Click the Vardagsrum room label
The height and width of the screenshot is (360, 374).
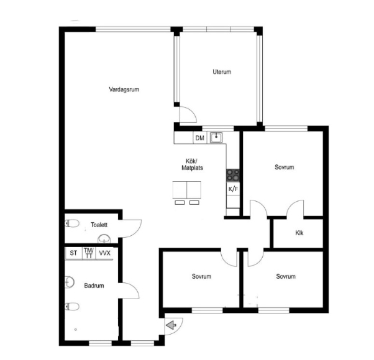pyautogui.click(x=124, y=89)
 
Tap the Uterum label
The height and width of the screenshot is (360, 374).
pyautogui.click(x=222, y=72)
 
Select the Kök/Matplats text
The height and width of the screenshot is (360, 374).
pyautogui.click(x=192, y=164)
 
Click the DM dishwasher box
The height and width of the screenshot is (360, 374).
pyautogui.click(x=200, y=138)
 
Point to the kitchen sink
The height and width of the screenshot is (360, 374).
pyautogui.click(x=216, y=137)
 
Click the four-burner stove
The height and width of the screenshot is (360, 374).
pyautogui.click(x=233, y=175)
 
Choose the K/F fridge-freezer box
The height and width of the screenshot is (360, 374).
pyautogui.click(x=233, y=189)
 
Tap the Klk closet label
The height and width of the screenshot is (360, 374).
pyautogui.click(x=299, y=233)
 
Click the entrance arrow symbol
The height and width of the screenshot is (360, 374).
pyautogui.click(x=171, y=325)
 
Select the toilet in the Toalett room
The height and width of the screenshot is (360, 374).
pyautogui.click(x=72, y=223)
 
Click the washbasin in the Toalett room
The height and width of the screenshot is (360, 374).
pyautogui.click(x=104, y=239)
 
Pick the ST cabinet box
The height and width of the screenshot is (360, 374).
pyautogui.click(x=73, y=253)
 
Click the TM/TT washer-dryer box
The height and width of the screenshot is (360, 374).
pyautogui.click(x=89, y=253)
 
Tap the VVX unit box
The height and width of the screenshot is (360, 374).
pyautogui.click(x=104, y=253)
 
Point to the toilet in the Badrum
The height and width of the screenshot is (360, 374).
pyautogui.click(x=72, y=307)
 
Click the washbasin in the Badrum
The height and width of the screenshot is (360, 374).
pyautogui.click(x=70, y=282)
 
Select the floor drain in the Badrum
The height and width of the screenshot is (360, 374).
pyautogui.click(x=76, y=330)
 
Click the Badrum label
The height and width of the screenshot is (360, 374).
pyautogui.click(x=94, y=286)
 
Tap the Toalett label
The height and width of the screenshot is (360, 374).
pyautogui.click(x=99, y=225)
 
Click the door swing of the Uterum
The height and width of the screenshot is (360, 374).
pyautogui.click(x=191, y=111)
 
